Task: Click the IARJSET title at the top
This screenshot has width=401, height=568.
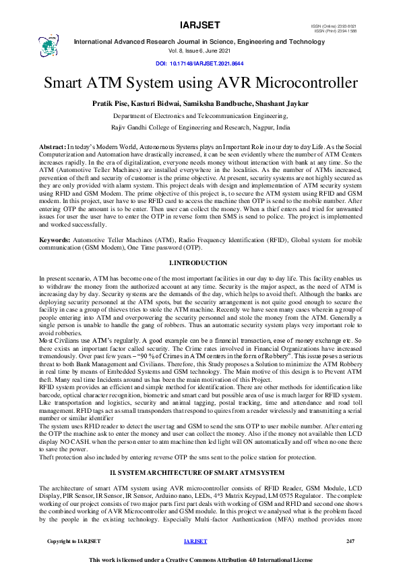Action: (200, 25)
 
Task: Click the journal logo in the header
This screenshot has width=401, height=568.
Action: (49, 45)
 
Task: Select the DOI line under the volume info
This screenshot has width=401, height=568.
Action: (200, 63)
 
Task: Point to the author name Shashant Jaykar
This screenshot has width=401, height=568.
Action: (282, 103)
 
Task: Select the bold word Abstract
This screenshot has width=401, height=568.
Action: (52, 146)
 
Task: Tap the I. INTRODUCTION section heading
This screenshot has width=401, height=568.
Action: (200, 262)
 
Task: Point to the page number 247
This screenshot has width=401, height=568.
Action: (350, 541)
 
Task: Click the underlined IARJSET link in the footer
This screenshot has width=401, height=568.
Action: (194, 541)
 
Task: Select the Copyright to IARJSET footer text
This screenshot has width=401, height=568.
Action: (73, 541)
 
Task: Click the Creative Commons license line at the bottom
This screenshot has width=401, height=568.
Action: (200, 560)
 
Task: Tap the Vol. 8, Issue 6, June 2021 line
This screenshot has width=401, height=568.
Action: (200, 51)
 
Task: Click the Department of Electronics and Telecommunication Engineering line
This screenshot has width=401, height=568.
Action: (200, 116)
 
